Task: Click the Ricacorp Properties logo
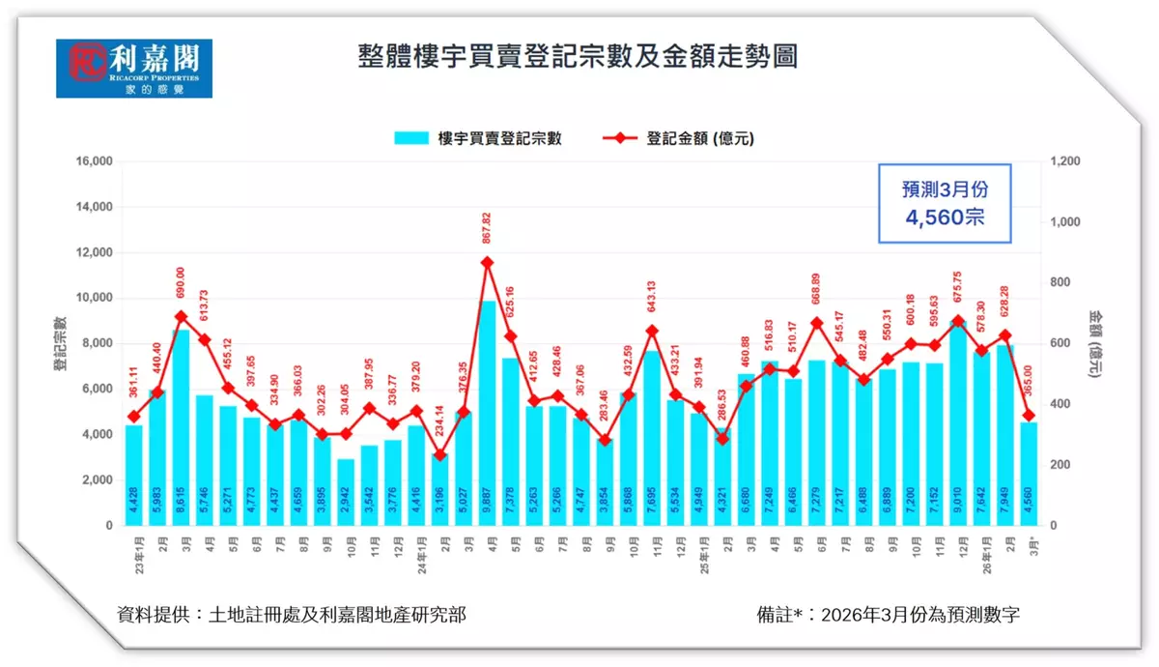[x=133, y=68]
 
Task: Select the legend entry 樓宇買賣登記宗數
[x=477, y=138]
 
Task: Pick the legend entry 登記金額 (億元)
[x=680, y=138]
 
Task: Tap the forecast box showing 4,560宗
[x=944, y=204]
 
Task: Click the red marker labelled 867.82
[x=488, y=262]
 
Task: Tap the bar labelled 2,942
[x=346, y=492]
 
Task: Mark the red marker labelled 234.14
[x=440, y=455]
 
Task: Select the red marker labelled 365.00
[x=1030, y=416]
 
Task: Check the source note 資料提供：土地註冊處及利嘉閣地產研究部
[x=291, y=615]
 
